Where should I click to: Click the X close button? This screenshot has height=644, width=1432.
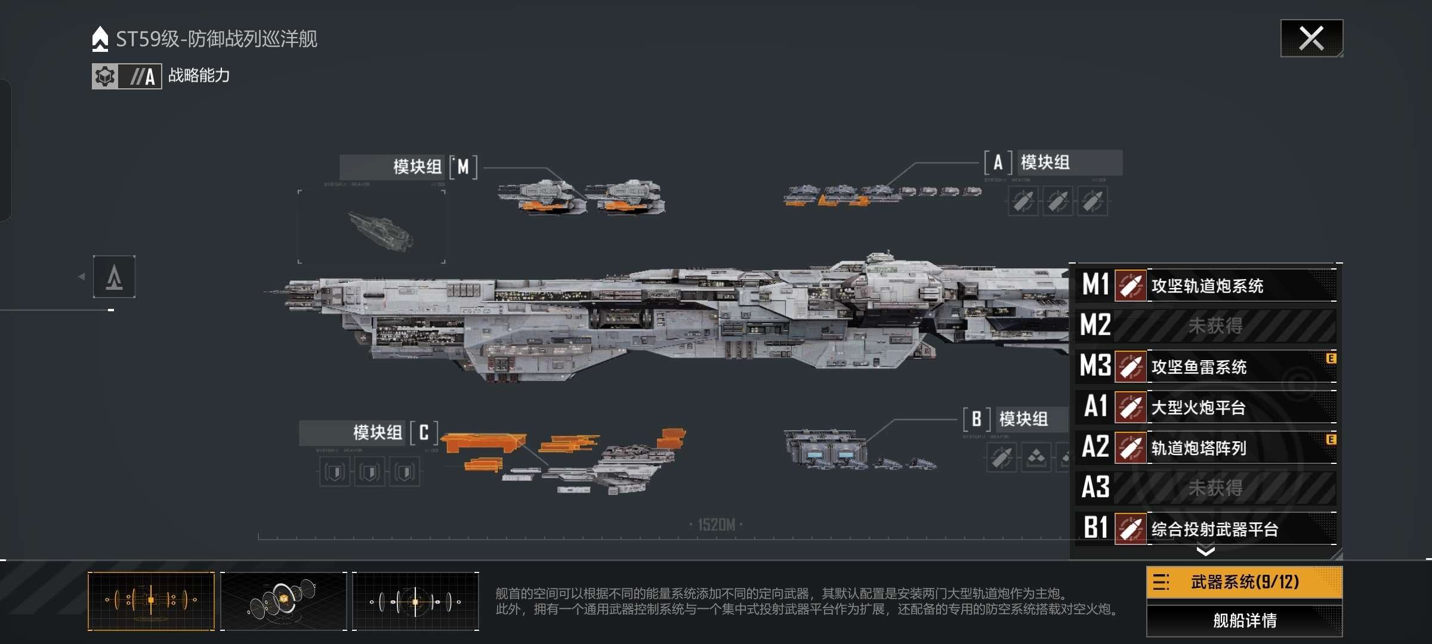1311,39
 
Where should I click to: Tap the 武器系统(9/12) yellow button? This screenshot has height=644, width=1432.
1244,582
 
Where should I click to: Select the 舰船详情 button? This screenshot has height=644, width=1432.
1244,621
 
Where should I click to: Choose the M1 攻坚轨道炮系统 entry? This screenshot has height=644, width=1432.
1206,286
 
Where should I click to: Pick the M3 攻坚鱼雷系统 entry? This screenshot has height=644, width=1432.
1206,367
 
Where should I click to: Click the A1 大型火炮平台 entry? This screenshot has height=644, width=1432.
1206,407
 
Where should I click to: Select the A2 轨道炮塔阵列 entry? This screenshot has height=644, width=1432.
1206,448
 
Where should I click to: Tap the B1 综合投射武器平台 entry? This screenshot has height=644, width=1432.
1206,529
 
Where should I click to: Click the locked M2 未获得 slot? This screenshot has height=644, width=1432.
1206,326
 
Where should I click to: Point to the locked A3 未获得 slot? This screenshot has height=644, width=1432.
1206,488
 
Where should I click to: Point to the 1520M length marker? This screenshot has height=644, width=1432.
716,525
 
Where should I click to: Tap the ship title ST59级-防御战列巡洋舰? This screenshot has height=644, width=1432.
216,39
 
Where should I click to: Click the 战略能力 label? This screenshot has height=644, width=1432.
199,76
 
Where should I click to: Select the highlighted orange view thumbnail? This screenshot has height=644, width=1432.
151,600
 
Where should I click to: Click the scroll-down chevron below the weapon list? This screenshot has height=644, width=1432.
1205,551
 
